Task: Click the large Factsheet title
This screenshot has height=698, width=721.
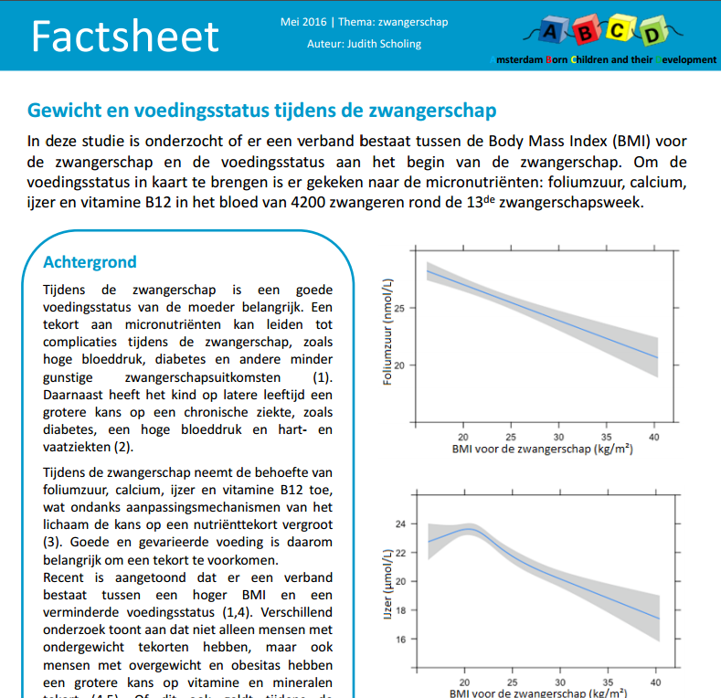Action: pyautogui.click(x=124, y=37)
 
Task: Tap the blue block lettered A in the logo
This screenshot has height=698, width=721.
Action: pyautogui.click(x=551, y=30)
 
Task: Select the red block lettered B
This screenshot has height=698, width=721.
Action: pyautogui.click(x=586, y=31)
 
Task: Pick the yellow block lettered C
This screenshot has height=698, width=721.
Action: pyautogui.click(x=619, y=29)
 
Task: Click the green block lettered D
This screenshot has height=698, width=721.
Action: pyautogui.click(x=652, y=32)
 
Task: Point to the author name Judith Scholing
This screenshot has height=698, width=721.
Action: pyautogui.click(x=384, y=44)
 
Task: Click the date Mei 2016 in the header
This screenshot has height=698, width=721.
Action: pyautogui.click(x=303, y=22)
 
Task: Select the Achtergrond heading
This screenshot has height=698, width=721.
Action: pyautogui.click(x=90, y=262)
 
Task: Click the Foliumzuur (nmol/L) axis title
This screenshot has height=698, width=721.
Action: pyautogui.click(x=387, y=332)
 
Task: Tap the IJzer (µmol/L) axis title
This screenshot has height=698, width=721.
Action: pyautogui.click(x=387, y=584)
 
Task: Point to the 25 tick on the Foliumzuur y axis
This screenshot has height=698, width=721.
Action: pyautogui.click(x=399, y=308)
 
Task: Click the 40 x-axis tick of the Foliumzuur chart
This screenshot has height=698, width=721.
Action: pyautogui.click(x=654, y=437)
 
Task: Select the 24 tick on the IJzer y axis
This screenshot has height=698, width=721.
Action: pyautogui.click(x=400, y=523)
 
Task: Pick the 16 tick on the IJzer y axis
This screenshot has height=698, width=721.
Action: pyautogui.click(x=400, y=640)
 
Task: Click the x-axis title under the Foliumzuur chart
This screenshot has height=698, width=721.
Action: pyautogui.click(x=543, y=449)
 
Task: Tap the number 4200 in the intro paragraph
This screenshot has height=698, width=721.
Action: pyautogui.click(x=308, y=202)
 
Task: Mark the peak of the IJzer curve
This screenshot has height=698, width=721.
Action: pyautogui.click(x=469, y=529)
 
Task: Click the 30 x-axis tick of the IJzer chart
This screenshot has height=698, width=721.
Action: pyautogui.click(x=560, y=682)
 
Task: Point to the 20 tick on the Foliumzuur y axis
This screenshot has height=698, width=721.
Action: pyautogui.click(x=399, y=365)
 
